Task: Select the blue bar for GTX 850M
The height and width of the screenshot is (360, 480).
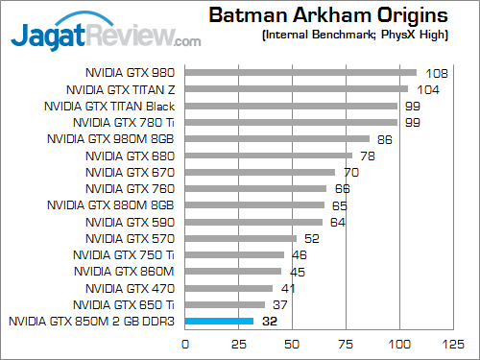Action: [x=219, y=322]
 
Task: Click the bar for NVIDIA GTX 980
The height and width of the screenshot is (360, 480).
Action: [x=300, y=72]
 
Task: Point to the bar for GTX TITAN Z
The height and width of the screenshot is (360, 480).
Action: [x=296, y=89]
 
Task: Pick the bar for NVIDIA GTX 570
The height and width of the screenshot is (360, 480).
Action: [x=240, y=238]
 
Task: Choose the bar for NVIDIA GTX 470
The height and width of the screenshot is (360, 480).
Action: [x=228, y=288]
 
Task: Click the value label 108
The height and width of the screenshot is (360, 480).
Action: [x=436, y=72]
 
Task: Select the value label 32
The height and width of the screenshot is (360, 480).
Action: [x=271, y=322]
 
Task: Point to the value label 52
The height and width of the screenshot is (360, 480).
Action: [x=313, y=238]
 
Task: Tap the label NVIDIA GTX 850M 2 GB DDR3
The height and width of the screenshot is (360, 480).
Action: [x=91, y=322]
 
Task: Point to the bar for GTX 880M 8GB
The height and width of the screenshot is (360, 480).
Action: [x=253, y=204]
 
